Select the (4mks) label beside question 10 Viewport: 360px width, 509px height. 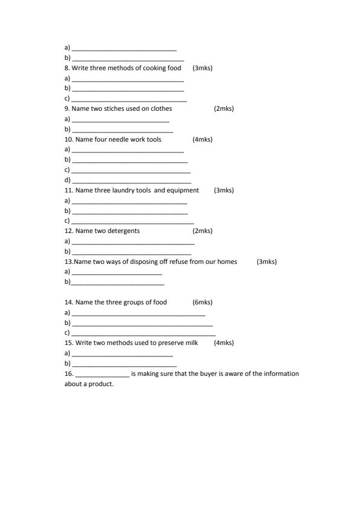203,140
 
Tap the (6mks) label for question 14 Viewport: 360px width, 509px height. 203,303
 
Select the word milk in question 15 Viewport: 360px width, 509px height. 192,343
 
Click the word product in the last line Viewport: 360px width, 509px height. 102,384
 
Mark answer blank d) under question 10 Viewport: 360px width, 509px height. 131,181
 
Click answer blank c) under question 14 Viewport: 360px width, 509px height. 143,333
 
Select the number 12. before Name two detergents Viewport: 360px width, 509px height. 69,231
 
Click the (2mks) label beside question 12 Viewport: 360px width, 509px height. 203,231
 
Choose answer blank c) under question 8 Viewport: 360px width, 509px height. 129,99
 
